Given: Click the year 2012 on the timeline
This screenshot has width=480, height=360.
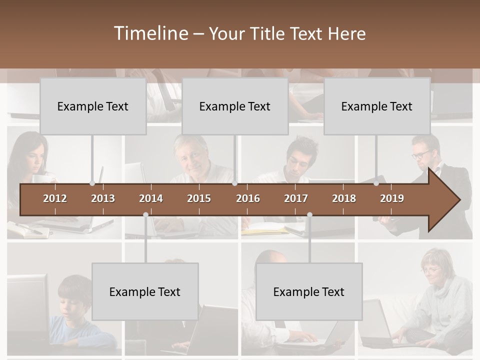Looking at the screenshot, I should [x=55, y=198].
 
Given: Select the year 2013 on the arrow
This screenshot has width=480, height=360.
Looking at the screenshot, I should [x=103, y=198].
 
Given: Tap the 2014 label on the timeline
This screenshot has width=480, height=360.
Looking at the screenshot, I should [x=151, y=198].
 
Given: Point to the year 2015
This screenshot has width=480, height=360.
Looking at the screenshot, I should [x=199, y=198].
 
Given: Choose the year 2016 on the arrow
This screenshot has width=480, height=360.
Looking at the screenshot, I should [x=248, y=198].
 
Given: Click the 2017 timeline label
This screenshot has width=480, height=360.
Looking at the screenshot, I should [x=296, y=198].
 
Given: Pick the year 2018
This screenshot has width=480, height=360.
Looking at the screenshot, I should [x=344, y=198].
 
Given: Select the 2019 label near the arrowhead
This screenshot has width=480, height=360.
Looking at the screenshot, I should [x=392, y=198].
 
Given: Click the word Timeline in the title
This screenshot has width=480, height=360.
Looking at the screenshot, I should [x=150, y=33].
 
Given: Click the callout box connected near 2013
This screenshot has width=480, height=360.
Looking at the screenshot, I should [x=93, y=106].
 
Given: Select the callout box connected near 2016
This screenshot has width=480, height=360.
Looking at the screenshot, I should [x=235, y=106].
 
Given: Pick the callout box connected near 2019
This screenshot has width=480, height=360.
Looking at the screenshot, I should [x=377, y=106].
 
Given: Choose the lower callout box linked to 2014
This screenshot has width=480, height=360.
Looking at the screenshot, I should [x=145, y=291].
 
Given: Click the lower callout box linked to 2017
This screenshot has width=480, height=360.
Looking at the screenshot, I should [x=309, y=291].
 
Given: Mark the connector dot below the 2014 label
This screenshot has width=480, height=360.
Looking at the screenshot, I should [x=145, y=215].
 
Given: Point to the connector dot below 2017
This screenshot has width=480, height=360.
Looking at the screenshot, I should [x=309, y=215].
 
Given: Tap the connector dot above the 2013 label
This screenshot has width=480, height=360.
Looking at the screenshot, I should [x=92, y=183].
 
